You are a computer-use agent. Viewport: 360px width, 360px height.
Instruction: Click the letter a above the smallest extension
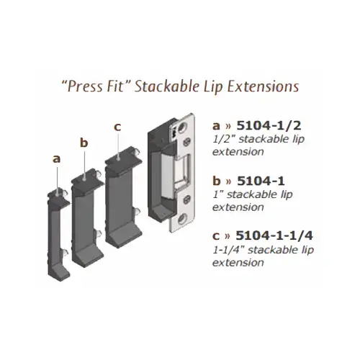(x=57, y=155)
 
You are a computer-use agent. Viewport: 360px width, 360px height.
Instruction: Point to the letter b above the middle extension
(x=84, y=143)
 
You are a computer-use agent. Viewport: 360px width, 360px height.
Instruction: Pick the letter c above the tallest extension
(x=117, y=127)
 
